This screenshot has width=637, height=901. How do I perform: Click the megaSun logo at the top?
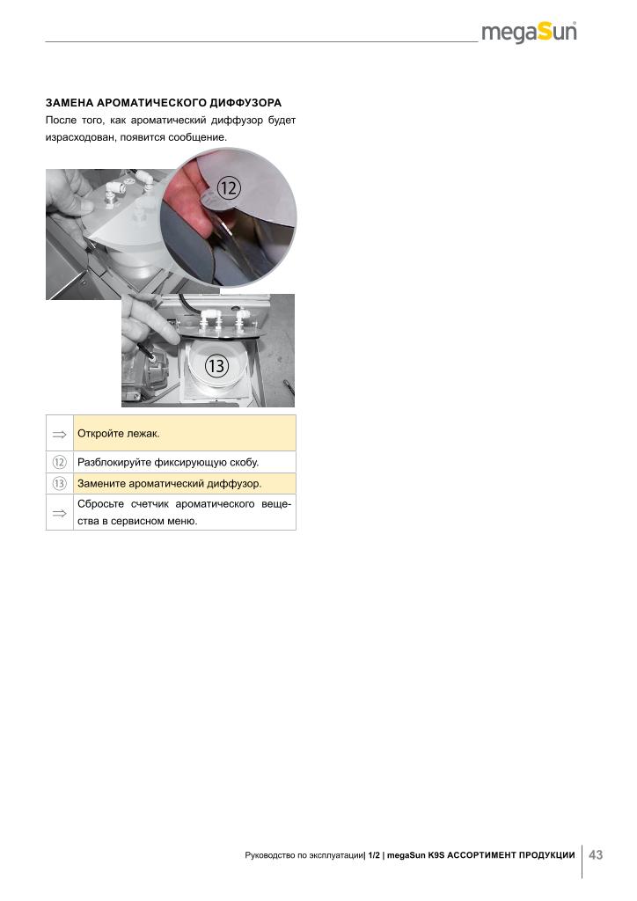(529, 33)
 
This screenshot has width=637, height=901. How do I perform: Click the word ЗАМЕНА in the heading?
(70, 103)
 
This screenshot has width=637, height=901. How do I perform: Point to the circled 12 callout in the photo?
(229, 188)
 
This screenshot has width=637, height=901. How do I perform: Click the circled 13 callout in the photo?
(217, 366)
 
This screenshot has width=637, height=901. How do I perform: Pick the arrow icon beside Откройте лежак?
(59, 435)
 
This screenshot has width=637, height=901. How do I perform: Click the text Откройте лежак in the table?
(118, 433)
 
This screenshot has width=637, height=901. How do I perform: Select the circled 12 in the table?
(59, 462)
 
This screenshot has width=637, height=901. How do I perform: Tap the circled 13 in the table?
(59, 484)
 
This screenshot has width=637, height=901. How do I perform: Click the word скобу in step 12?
(244, 463)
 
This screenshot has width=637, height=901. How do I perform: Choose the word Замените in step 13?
(102, 484)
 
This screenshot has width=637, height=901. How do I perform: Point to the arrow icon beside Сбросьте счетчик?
(59, 513)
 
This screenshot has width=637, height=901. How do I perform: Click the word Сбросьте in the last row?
(100, 504)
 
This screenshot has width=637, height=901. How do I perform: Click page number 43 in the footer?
(596, 855)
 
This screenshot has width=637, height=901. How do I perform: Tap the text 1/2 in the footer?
(374, 855)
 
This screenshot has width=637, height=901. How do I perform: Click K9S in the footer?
(436, 855)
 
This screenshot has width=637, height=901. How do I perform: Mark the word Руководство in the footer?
(267, 855)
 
